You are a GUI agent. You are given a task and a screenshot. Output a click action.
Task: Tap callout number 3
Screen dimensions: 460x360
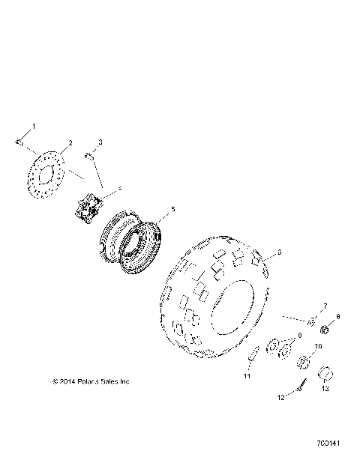coord(100,142)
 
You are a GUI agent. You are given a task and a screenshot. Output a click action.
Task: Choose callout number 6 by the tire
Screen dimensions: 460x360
coord(279,252)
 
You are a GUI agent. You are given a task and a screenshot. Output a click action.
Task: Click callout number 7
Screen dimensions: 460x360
coord(304,306)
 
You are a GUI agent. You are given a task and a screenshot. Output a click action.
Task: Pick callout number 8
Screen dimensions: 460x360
coord(337,318)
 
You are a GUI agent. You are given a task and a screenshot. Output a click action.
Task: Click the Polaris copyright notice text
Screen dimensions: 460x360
coord(91,381)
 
